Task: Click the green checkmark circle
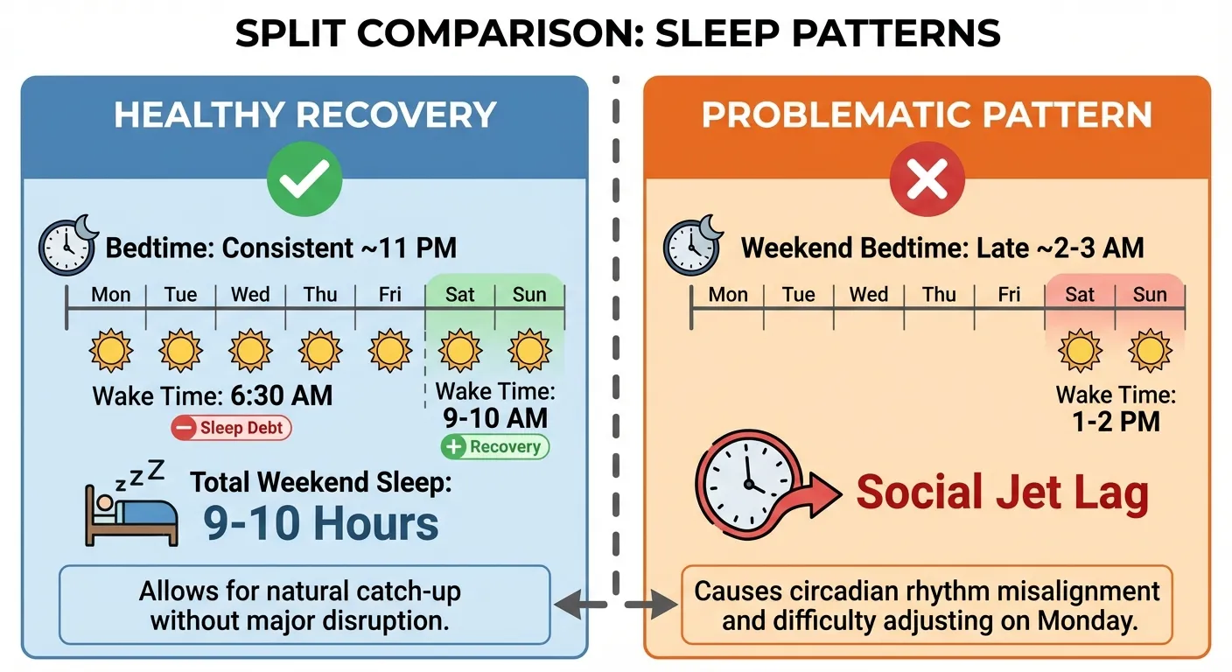304,180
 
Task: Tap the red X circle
927,181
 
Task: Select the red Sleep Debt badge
231,428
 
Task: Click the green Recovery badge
495,446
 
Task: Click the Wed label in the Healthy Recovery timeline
250,294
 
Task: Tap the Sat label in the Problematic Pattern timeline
1079,294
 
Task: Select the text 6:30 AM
281,395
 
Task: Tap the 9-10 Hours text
321,522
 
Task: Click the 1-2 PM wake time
1116,422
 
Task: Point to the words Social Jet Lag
1002,493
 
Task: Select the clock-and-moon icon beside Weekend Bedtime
694,246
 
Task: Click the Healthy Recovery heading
304,115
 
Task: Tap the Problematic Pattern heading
927,115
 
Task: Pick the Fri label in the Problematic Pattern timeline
1009,294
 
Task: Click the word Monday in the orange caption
1103,622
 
